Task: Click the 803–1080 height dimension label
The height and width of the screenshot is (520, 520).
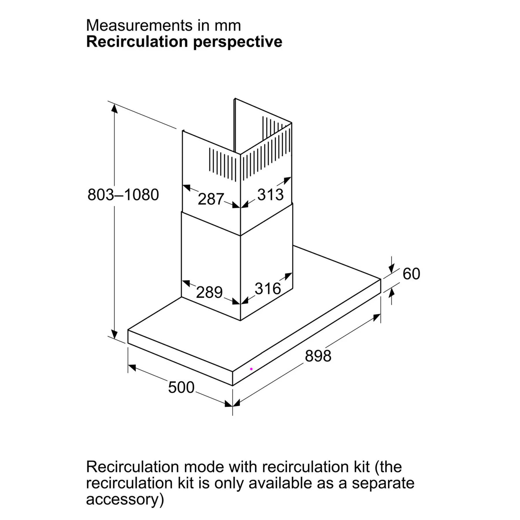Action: click(123, 195)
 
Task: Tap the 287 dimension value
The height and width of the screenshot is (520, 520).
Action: click(211, 199)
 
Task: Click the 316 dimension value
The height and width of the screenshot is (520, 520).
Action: click(268, 288)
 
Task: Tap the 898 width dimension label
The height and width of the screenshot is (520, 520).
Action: click(318, 356)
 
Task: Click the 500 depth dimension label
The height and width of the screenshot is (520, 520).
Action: click(181, 387)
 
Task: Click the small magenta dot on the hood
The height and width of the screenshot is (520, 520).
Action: click(251, 369)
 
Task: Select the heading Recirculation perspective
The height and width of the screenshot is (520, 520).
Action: click(184, 42)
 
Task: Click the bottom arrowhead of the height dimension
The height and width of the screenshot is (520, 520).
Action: click(114, 334)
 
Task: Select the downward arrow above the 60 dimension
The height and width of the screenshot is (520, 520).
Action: click(391, 269)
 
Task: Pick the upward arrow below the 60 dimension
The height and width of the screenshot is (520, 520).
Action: click(391, 293)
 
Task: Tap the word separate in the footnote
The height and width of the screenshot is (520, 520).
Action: click(383, 483)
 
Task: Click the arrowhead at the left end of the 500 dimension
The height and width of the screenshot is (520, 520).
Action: click(132, 367)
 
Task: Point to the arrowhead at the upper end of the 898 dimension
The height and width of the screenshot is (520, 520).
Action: click(377, 317)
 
